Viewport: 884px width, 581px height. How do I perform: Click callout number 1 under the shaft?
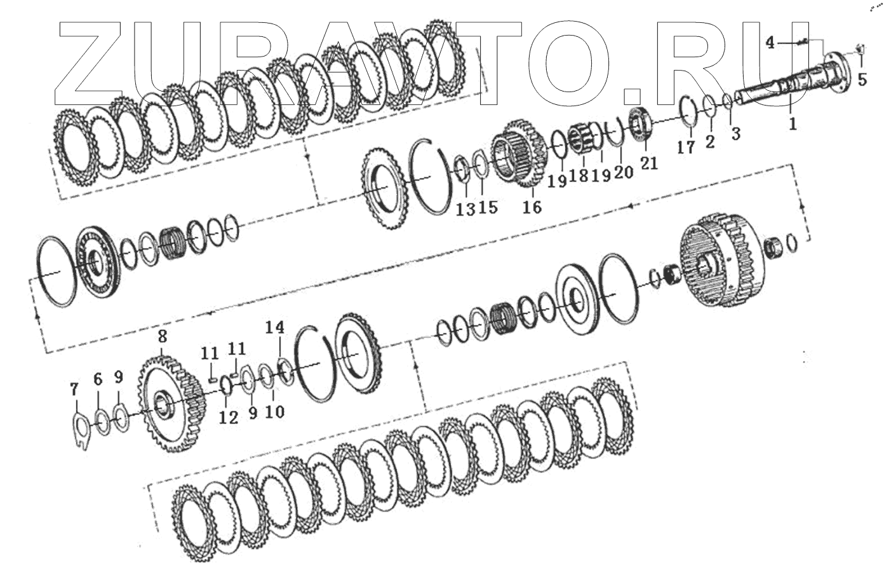[793, 123]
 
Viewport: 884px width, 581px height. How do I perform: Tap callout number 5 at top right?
[862, 80]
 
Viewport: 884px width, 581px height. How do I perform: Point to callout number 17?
[686, 147]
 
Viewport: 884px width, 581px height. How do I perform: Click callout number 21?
[649, 163]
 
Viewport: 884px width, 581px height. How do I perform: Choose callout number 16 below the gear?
[532, 207]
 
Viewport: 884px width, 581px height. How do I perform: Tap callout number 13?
[465, 209]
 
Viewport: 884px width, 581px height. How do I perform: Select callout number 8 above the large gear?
[162, 336]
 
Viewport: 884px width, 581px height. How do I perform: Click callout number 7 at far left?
[74, 390]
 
